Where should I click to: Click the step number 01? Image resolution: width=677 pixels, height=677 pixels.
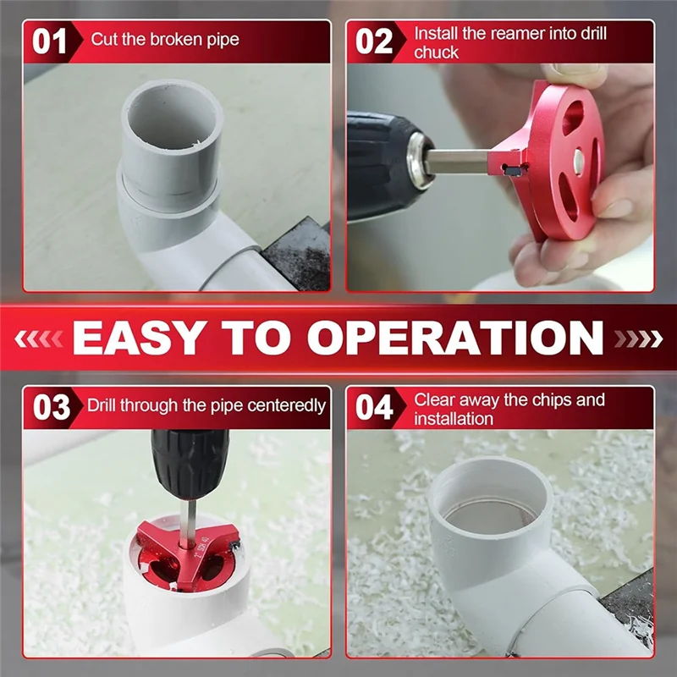[49, 41]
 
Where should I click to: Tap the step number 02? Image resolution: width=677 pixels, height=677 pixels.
[374, 41]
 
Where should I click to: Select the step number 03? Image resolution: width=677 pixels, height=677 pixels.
[52, 407]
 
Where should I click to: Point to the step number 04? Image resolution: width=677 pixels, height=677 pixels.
[374, 407]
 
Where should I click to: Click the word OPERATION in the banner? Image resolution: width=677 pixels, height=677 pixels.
[455, 338]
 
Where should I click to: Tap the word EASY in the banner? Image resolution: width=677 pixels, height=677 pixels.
[138, 338]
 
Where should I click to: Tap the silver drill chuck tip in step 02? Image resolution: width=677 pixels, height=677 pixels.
[420, 161]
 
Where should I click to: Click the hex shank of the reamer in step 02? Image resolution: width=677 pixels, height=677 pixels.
[459, 162]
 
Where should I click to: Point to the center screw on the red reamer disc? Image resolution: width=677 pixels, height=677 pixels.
[579, 162]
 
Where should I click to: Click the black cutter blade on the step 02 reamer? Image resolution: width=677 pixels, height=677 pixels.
[515, 169]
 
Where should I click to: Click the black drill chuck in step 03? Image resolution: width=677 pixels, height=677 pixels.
[190, 464]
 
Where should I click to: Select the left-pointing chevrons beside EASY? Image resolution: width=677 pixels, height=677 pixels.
[39, 338]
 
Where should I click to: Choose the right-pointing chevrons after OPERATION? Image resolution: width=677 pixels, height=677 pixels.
[638, 338]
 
